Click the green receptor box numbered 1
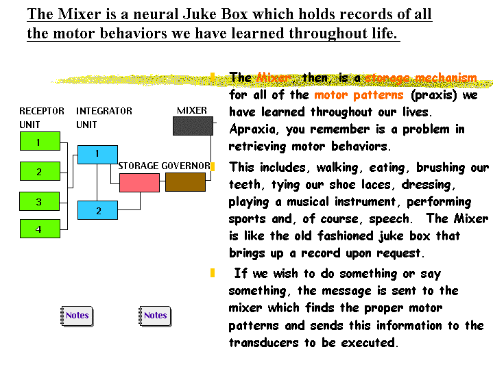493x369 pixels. tap(38, 142)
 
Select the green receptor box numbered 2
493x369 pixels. tap(38, 171)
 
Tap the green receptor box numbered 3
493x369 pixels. tap(38, 201)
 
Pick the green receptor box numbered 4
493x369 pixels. tap(38, 229)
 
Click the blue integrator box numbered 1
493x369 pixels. tap(97, 154)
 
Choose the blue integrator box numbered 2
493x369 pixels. tap(97, 210)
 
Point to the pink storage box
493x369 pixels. tap(139, 182)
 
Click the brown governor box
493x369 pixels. tap(185, 182)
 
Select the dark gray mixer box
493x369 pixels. tap(193, 126)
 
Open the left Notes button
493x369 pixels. tap(77, 316)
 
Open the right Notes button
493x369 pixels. tap(155, 316)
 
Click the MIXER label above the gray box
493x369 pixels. tap(192, 111)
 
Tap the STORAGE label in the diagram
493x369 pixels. tap(139, 166)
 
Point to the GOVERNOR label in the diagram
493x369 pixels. tap(186, 166)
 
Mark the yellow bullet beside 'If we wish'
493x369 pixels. tap(213, 273)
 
